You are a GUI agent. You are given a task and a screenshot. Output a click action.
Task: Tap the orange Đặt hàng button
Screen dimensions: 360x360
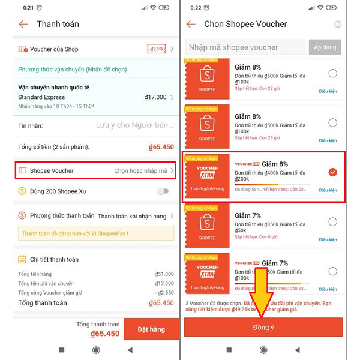click(151, 329)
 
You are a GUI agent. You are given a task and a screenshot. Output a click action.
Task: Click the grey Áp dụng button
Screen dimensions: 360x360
click(325, 47)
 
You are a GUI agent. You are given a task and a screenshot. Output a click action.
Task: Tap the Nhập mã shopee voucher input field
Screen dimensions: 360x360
click(245, 47)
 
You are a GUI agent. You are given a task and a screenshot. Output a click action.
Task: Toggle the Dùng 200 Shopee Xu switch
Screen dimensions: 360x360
click(162, 191)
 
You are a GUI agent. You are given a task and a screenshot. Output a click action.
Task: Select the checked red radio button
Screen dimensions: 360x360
click(332, 172)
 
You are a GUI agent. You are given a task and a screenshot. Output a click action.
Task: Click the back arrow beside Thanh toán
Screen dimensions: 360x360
click(23, 25)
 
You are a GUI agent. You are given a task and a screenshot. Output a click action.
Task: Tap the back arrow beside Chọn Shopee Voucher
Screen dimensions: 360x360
click(191, 25)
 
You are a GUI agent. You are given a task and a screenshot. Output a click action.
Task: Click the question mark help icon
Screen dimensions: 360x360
click(338, 25)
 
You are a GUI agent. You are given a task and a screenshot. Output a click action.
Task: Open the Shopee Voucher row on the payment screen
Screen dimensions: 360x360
click(96, 170)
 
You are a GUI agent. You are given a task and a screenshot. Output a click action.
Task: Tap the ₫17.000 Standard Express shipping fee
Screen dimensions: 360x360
click(155, 97)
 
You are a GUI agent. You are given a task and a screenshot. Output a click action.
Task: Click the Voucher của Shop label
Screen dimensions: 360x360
click(54, 49)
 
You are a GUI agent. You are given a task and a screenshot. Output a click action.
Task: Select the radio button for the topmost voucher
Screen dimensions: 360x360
click(332, 74)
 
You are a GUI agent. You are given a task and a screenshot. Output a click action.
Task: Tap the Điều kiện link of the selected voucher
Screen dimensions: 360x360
click(328, 190)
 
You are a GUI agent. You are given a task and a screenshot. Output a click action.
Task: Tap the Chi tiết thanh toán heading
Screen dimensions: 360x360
click(54, 259)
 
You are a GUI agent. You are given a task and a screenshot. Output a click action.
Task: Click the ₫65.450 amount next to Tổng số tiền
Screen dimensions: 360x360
click(161, 147)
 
